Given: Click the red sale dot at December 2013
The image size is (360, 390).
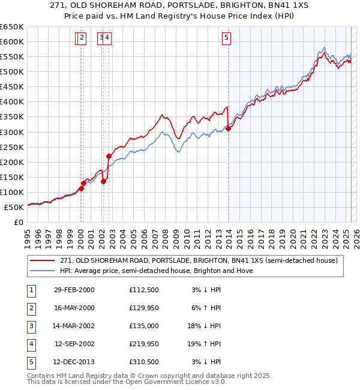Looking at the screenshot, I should pos(228,128).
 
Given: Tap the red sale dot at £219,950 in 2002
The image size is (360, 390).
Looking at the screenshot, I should pos(109,156).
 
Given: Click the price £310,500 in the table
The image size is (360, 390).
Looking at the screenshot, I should pos(144,362).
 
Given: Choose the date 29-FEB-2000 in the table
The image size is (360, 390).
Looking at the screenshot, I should pos(74,290).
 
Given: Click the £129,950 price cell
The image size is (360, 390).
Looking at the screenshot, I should pos(144,308).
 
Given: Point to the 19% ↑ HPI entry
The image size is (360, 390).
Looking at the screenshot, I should pos(206,344).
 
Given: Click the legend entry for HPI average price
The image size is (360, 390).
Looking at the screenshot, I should pos(156,271).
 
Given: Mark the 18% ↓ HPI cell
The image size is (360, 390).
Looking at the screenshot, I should pos(206,326).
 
